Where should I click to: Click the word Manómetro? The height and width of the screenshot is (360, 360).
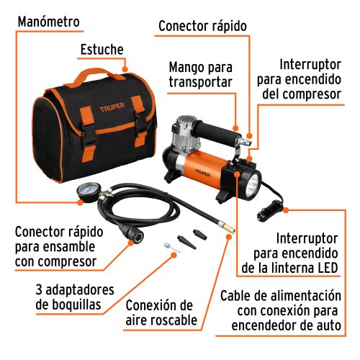pyautogui.click(x=49, y=22)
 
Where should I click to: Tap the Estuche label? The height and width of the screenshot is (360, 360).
pyautogui.click(x=102, y=50)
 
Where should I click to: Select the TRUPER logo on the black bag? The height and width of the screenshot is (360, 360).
pyautogui.click(x=112, y=107)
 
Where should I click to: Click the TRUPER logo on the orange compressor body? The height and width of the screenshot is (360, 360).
pyautogui.click(x=202, y=173)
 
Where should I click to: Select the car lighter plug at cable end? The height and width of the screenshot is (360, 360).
pyautogui.click(x=270, y=210)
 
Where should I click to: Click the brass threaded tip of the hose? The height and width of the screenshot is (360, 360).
pyautogui.click(x=229, y=228)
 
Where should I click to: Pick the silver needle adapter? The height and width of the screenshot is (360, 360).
pyautogui.click(x=171, y=248)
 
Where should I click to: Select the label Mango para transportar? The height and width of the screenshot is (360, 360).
pyautogui.click(x=201, y=75)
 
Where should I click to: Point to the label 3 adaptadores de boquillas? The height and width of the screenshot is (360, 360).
pyautogui.click(x=75, y=297)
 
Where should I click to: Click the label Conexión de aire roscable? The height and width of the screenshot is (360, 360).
pyautogui.click(x=161, y=312)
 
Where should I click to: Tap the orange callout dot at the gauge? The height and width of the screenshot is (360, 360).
pyautogui.click(x=81, y=202)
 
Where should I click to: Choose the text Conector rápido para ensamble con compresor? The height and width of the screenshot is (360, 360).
pyautogui.click(x=59, y=246)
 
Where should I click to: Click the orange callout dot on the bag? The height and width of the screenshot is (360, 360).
pyautogui.click(x=125, y=69)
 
